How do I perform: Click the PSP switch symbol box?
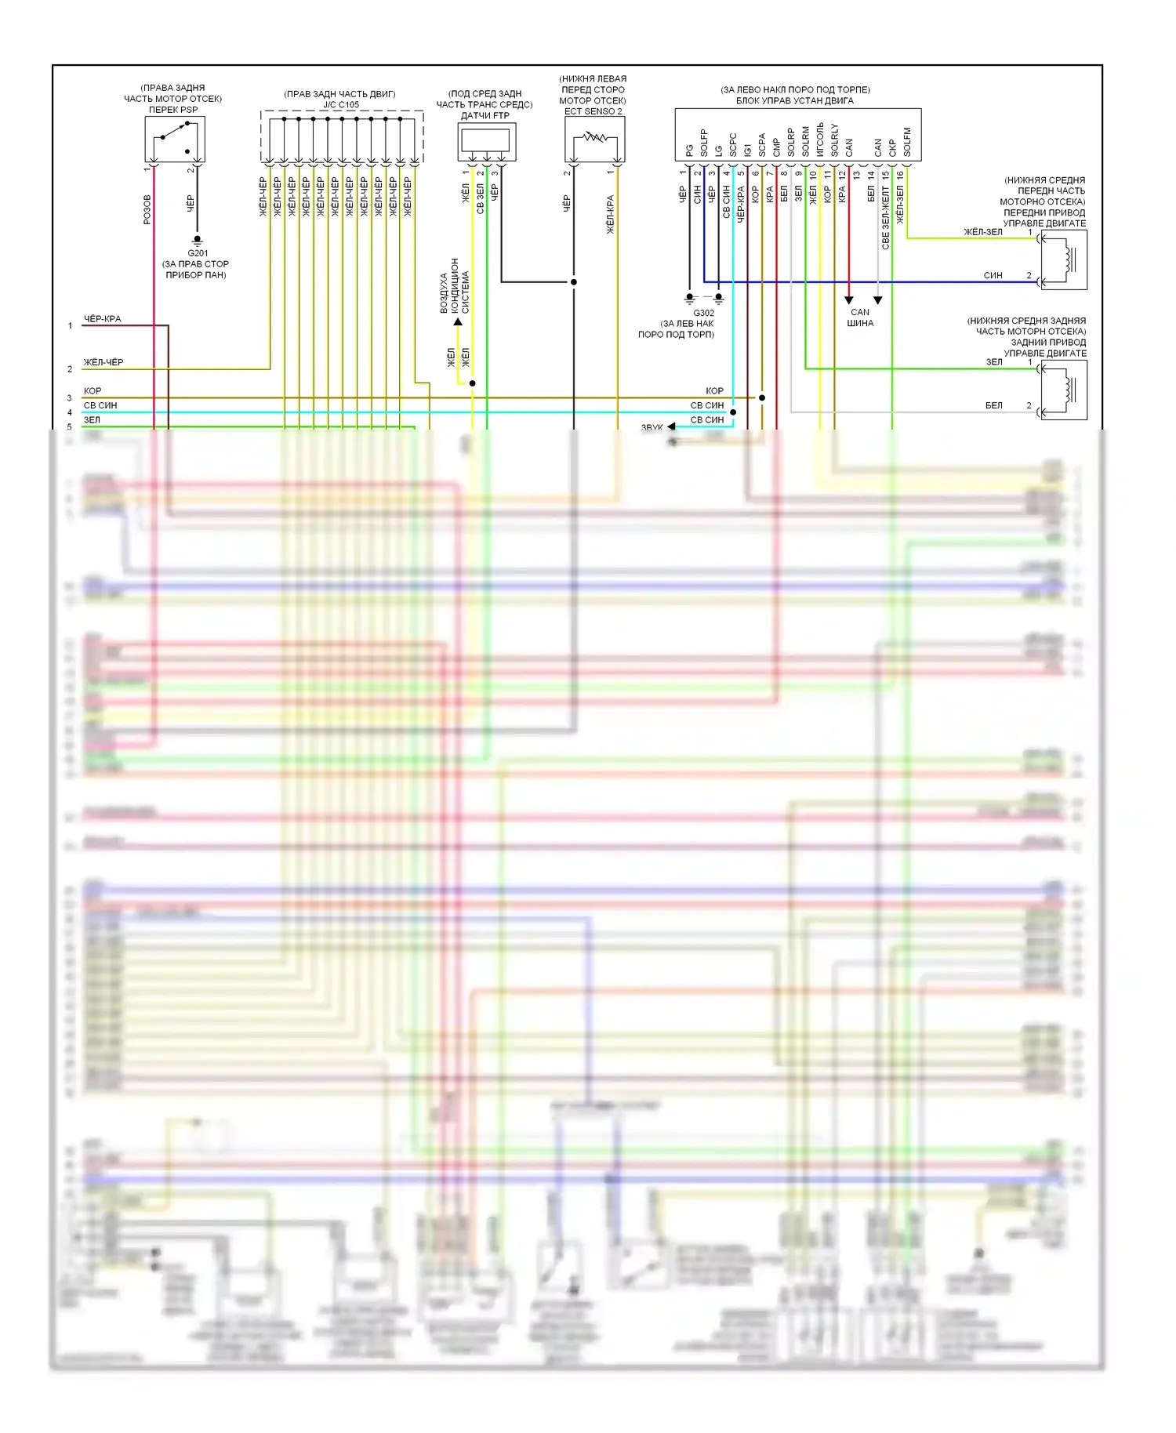point(174,140)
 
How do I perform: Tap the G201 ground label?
point(198,253)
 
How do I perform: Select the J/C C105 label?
point(341,105)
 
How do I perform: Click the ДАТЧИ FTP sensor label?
point(485,116)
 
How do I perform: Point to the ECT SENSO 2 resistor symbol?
point(594,139)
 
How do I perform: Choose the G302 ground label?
point(703,313)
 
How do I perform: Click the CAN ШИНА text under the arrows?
point(860,317)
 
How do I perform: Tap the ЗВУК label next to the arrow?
point(652,428)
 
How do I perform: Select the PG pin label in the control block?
point(689,149)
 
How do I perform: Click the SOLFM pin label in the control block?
point(907,142)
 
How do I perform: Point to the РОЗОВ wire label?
point(147,209)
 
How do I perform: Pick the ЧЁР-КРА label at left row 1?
point(103,319)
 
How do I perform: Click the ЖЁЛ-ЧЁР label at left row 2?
point(103,362)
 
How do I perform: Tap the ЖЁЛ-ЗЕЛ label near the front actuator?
point(983,232)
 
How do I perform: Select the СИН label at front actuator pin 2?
point(993,275)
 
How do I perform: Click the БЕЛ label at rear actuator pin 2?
point(993,405)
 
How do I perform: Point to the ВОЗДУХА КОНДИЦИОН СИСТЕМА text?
point(455,286)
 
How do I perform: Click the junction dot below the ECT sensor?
point(574,282)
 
